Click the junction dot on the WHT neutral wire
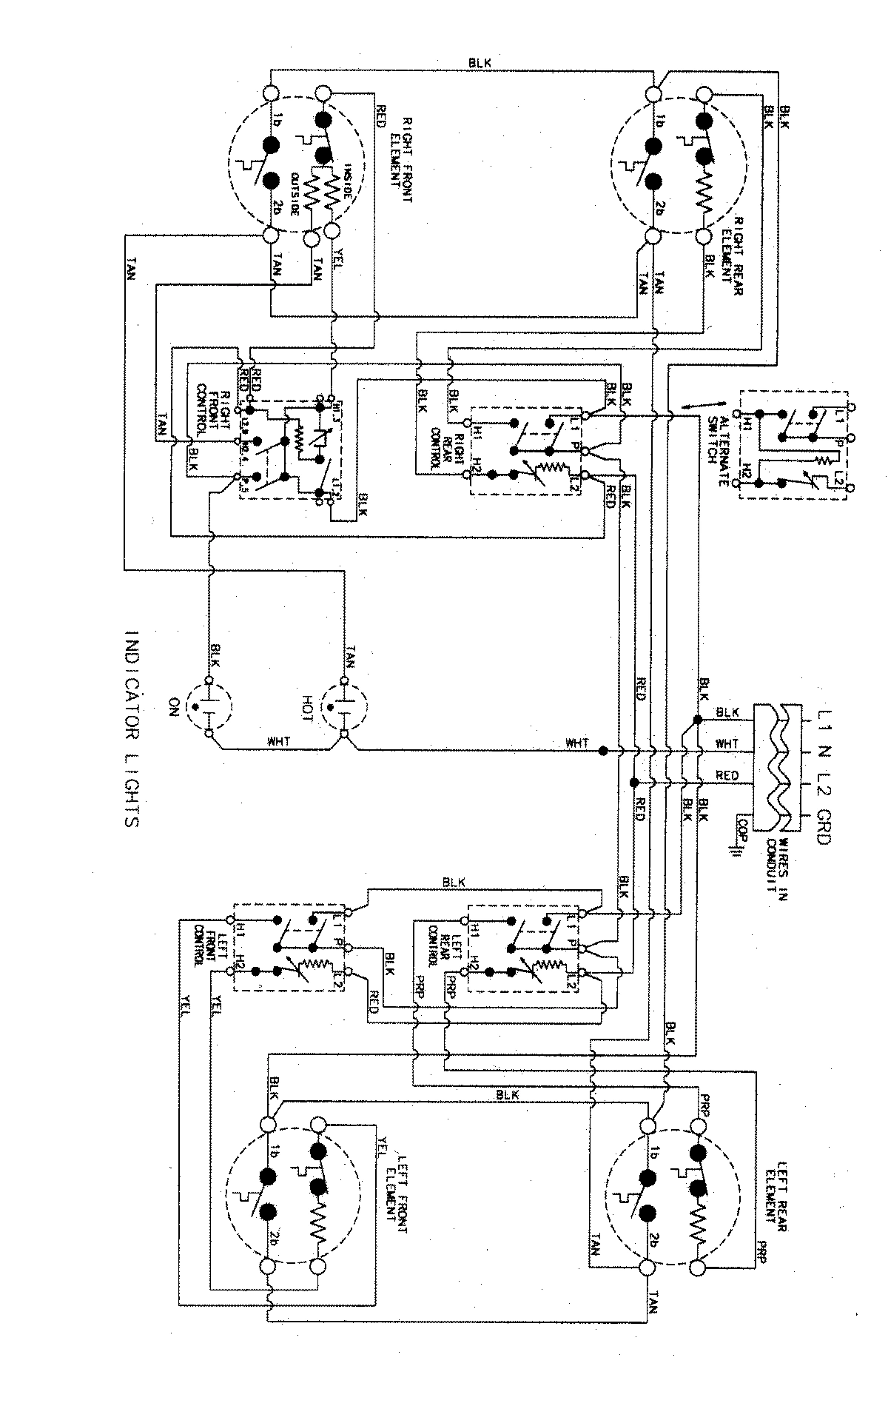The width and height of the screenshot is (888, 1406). [x=604, y=751]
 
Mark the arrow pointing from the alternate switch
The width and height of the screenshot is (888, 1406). [x=693, y=405]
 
